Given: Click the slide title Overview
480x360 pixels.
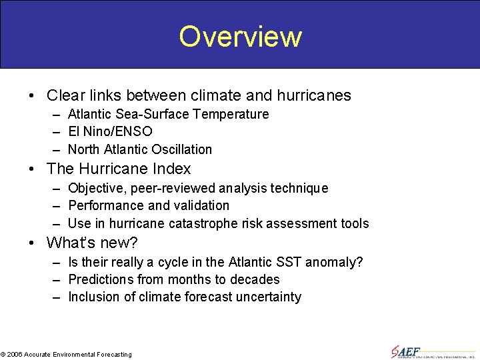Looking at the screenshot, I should [240, 37].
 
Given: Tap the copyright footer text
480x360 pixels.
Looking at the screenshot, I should [67, 354].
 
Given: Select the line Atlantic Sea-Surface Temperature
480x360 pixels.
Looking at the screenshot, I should [168, 114].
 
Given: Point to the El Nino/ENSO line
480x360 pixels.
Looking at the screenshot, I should [110, 131].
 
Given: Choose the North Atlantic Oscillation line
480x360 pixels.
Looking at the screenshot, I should [140, 149].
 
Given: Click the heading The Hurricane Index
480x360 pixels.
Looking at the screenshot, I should [119, 169].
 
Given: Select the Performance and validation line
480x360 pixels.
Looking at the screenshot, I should [149, 205].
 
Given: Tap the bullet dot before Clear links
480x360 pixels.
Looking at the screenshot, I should [33, 96].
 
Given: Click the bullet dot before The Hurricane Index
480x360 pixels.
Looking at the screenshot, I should [33, 169].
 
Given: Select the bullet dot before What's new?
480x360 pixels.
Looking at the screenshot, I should [33, 243].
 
